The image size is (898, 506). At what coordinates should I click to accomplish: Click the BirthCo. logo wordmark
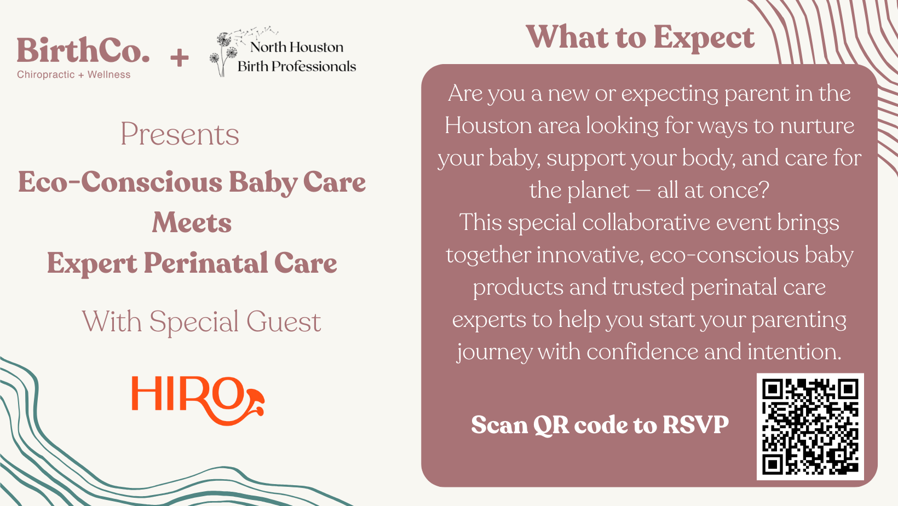coord(83,51)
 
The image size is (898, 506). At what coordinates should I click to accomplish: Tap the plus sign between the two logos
coord(179,58)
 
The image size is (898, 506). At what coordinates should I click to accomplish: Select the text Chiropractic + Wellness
coord(74,74)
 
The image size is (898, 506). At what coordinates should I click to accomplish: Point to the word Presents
coord(180,134)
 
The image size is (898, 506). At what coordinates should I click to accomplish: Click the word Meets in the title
coord(192,223)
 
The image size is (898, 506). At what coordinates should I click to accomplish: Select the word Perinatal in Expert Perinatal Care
coord(206,263)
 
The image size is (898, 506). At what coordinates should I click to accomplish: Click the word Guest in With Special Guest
coord(284,321)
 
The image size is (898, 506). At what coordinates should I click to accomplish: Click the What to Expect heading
coord(640,38)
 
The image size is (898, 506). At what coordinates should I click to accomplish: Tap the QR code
coord(810,427)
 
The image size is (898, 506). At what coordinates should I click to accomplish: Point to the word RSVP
coord(695,425)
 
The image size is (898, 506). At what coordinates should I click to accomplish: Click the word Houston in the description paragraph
coord(488,126)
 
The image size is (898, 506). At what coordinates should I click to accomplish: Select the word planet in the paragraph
coord(598,191)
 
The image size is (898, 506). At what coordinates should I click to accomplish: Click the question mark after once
coord(764,191)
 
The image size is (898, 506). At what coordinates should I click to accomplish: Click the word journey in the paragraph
coord(494,352)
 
